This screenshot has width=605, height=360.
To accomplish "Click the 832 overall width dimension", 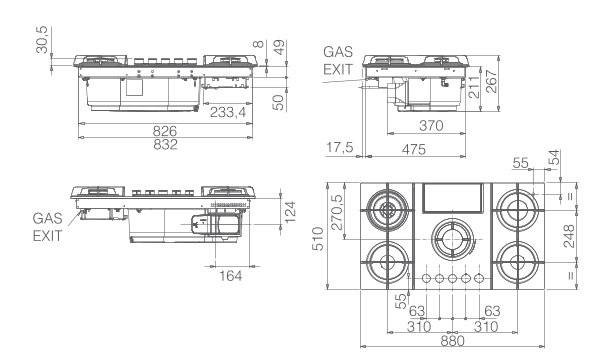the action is click(x=166, y=145).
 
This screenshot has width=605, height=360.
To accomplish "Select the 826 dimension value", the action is click(x=165, y=131).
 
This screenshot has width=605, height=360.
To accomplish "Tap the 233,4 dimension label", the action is click(x=228, y=112).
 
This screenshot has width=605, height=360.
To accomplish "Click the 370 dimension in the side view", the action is click(x=431, y=126).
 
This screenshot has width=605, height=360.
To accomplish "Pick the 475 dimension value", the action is click(x=413, y=149).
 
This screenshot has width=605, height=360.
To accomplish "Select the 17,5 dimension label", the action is click(x=340, y=147).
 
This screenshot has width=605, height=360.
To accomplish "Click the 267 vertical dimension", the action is click(x=491, y=81).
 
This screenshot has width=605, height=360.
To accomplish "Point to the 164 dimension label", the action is click(x=231, y=275).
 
